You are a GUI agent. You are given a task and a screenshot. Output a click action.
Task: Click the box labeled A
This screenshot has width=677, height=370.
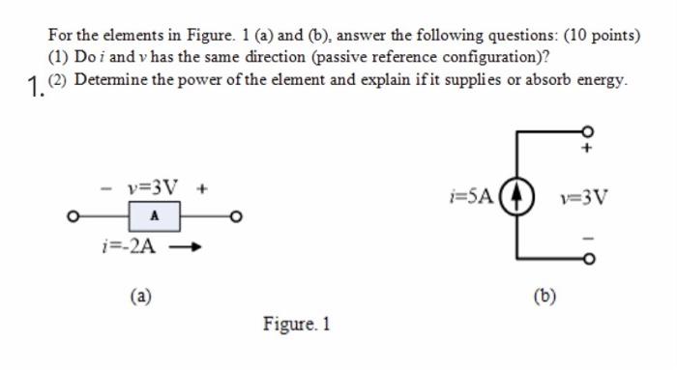pos(155,216)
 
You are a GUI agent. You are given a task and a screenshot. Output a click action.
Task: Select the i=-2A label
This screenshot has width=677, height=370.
pos(127,245)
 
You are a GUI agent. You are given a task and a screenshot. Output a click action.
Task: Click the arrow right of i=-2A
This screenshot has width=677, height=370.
pos(188,246)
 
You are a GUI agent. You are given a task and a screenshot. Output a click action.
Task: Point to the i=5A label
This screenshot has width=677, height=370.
pos(473,197)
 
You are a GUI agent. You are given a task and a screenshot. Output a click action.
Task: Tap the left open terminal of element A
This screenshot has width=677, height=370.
pos(73,216)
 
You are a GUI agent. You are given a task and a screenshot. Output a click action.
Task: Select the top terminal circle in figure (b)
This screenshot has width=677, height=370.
pos(587,131)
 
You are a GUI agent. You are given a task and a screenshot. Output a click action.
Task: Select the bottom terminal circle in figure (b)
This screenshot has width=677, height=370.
pos(587,259)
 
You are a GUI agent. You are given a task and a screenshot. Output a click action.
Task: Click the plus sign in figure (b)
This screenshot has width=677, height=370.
pos(587,150)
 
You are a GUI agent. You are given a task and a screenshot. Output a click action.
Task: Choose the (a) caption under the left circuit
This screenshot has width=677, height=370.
pos(141,296)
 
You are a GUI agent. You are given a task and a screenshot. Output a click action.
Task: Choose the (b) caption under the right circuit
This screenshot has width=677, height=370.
pos(545,294)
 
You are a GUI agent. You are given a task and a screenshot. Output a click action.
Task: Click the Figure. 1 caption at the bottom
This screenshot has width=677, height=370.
pos(297,325)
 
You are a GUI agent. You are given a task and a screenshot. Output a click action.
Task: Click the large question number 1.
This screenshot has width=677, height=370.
pos(36,90)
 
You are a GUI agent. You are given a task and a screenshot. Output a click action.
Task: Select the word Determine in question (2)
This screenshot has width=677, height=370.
pos(105,80)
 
